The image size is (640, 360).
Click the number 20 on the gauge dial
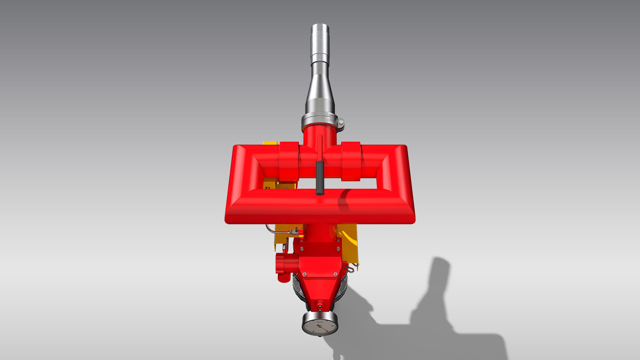[x=332, y=325]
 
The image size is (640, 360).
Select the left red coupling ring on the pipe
[x=289, y=161]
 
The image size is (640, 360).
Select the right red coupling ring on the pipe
[x=351, y=161]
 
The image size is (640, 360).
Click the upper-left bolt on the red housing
[x=301, y=249]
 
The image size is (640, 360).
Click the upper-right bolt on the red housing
[x=338, y=249]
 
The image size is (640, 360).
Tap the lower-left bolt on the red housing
[x=304, y=274]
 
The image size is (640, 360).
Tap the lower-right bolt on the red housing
[x=335, y=274]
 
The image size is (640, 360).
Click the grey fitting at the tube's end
[x=293, y=231]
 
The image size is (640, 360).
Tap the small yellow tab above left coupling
[x=270, y=143]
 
